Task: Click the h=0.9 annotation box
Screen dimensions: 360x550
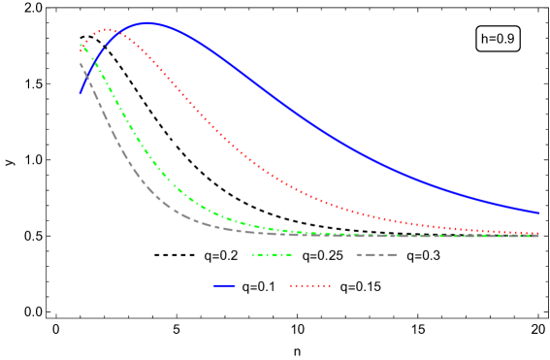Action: [498, 39]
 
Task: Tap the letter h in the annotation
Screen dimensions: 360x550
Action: [485, 39]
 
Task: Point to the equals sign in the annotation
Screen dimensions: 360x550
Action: [493, 40]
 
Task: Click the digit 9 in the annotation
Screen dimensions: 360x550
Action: [511, 39]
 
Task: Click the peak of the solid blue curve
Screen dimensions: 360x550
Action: [147, 22]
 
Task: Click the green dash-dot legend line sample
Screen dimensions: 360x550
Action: [273, 254]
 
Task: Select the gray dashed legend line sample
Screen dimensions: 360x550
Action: [376, 254]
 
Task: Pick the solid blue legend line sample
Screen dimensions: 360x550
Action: [225, 285]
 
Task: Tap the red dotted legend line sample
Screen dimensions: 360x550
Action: [310, 285]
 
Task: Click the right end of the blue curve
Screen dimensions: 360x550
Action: [538, 213]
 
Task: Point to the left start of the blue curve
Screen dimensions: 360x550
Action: [81, 93]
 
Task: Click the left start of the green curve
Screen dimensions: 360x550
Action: [81, 44]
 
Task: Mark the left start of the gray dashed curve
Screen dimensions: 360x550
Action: [81, 64]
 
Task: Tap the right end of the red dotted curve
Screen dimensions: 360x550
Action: [538, 234]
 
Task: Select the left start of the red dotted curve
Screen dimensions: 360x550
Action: [81, 49]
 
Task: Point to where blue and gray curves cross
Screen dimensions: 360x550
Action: [86, 77]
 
